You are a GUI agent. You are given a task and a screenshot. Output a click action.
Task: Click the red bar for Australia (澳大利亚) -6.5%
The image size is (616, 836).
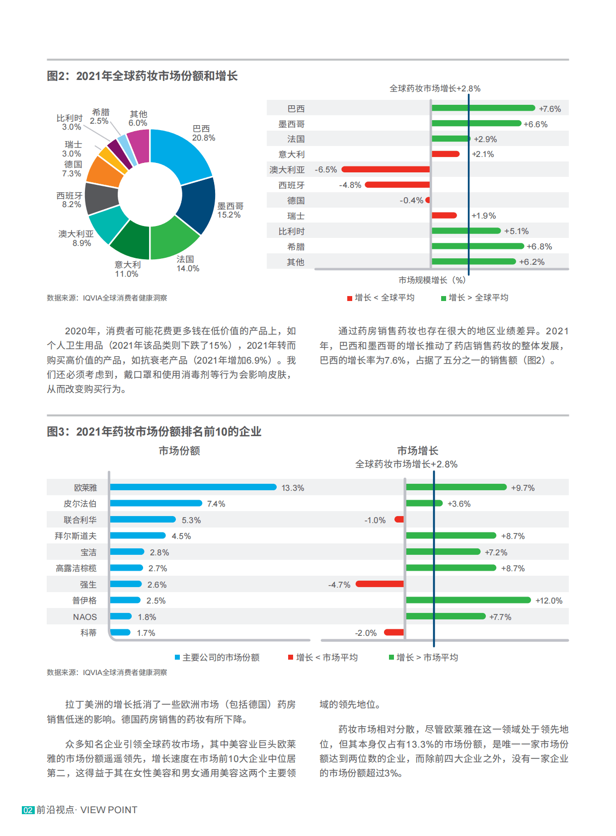385,169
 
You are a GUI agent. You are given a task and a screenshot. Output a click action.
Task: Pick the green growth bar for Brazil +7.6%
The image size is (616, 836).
483,108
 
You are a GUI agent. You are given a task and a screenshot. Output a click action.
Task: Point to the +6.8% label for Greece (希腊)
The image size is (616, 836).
539,246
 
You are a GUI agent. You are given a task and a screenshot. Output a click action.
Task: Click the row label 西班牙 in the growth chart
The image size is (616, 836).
292,185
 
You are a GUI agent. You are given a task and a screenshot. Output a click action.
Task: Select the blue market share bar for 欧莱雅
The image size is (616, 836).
193,487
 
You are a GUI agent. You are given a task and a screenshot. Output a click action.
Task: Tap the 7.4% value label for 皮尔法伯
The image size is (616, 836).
216,504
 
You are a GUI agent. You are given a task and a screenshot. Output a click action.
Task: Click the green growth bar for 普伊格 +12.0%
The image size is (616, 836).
468,600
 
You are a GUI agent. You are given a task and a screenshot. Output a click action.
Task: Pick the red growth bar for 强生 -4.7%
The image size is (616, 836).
380,584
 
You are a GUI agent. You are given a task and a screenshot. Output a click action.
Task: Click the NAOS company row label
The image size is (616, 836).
85,617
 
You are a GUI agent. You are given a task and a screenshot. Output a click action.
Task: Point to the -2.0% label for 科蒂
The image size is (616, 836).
366,633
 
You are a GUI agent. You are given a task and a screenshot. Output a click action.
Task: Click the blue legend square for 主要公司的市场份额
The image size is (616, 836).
177,657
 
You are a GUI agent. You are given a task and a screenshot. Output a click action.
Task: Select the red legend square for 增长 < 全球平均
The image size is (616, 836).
350,298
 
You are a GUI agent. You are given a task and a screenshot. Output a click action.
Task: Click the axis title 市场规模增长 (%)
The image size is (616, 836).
432,280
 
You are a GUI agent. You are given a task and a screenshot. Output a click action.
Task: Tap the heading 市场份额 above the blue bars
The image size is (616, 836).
179,451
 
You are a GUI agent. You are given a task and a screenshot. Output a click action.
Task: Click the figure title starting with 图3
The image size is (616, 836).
154,432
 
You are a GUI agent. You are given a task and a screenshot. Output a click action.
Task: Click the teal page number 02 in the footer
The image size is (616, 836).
28,810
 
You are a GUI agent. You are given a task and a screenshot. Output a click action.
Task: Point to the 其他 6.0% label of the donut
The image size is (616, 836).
138,119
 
